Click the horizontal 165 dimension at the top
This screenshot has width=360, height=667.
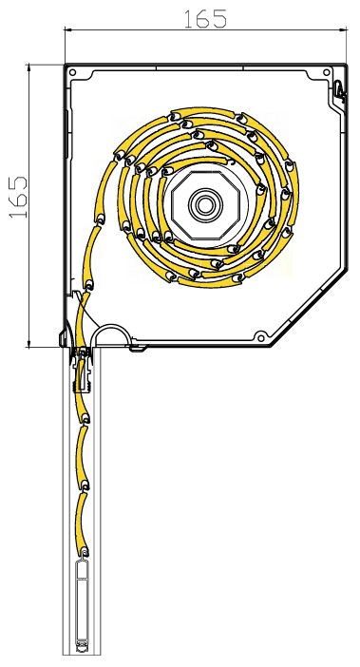205,19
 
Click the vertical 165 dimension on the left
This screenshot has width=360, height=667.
19,197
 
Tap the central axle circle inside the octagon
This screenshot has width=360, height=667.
206,206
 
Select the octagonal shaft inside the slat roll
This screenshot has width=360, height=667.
206,206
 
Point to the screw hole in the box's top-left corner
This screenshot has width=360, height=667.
73,72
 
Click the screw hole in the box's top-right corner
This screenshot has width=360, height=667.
327,72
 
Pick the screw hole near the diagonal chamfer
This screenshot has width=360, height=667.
260,338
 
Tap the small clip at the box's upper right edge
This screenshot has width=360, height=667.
339,90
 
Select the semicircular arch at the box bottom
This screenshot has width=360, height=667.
111,326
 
